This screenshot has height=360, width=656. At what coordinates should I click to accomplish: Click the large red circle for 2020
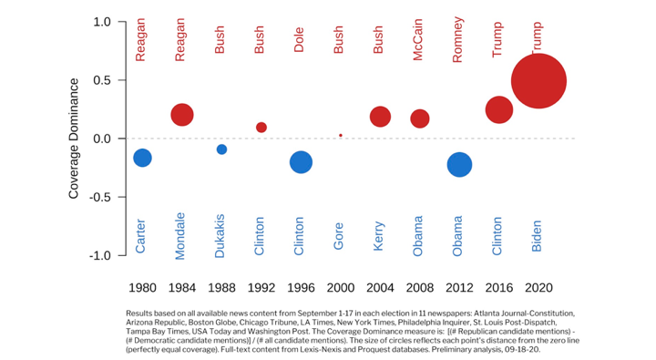pos(538,80)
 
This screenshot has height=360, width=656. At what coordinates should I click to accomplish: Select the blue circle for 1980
pos(142,158)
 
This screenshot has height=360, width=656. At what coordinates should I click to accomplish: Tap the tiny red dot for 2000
pos(341,135)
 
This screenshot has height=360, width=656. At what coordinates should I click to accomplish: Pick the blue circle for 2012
pos(460,165)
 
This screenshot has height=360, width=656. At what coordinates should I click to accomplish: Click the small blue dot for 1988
pos(221,149)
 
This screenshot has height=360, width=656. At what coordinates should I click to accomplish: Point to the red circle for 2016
pos(499,109)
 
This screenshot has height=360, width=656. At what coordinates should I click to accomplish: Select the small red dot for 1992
pos(261,128)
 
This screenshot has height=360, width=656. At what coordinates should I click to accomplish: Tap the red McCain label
pos(419,41)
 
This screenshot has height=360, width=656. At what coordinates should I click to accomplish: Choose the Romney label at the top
pos(459,41)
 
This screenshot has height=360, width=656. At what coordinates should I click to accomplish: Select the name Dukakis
pos(220,235)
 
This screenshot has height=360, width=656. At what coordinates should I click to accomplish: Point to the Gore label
pos(340,236)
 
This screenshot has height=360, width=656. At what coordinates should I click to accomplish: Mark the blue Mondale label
pos(180,235)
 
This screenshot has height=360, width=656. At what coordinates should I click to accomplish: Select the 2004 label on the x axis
pos(381,287)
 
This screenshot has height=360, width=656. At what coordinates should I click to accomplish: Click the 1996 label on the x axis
pos(301,287)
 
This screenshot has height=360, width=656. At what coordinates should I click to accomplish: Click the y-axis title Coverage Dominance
pos(75,139)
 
